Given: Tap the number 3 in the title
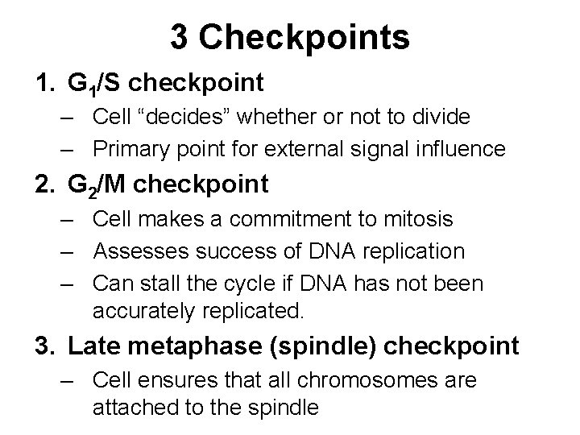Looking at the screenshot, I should click(x=178, y=37).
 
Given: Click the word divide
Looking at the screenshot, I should click(x=443, y=117).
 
